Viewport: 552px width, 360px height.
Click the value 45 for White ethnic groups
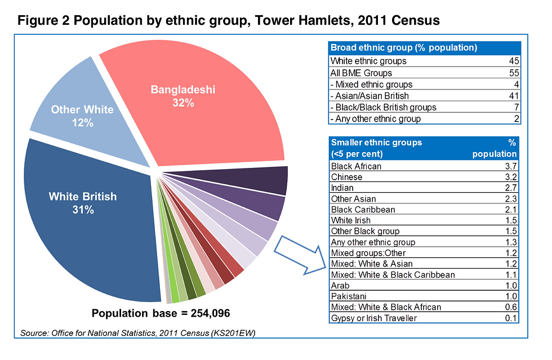513,61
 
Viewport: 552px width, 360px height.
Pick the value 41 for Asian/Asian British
513,96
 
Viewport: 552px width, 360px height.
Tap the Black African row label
356,166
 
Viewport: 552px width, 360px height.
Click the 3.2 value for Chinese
511,177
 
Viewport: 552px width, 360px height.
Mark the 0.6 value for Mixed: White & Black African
511,307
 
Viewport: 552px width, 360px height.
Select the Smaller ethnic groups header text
376,143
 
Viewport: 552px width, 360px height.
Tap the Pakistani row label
349,296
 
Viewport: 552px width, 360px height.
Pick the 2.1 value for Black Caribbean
511,210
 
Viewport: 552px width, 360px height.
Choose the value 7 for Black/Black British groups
515,107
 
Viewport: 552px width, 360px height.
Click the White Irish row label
350,220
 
